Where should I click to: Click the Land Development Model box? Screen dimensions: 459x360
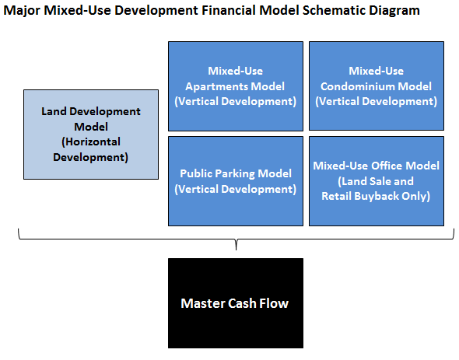(91, 135)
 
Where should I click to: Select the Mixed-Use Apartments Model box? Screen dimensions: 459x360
(236, 86)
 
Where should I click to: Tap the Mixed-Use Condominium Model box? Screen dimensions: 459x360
(377, 86)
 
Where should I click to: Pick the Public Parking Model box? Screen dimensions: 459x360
(236, 181)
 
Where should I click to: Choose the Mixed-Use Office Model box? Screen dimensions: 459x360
(377, 181)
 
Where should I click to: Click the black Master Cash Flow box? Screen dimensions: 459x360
(236, 303)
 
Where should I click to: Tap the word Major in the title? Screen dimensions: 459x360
(21, 11)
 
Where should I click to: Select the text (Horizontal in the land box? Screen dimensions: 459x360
(91, 142)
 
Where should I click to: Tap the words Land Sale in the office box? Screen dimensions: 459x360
(365, 181)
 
